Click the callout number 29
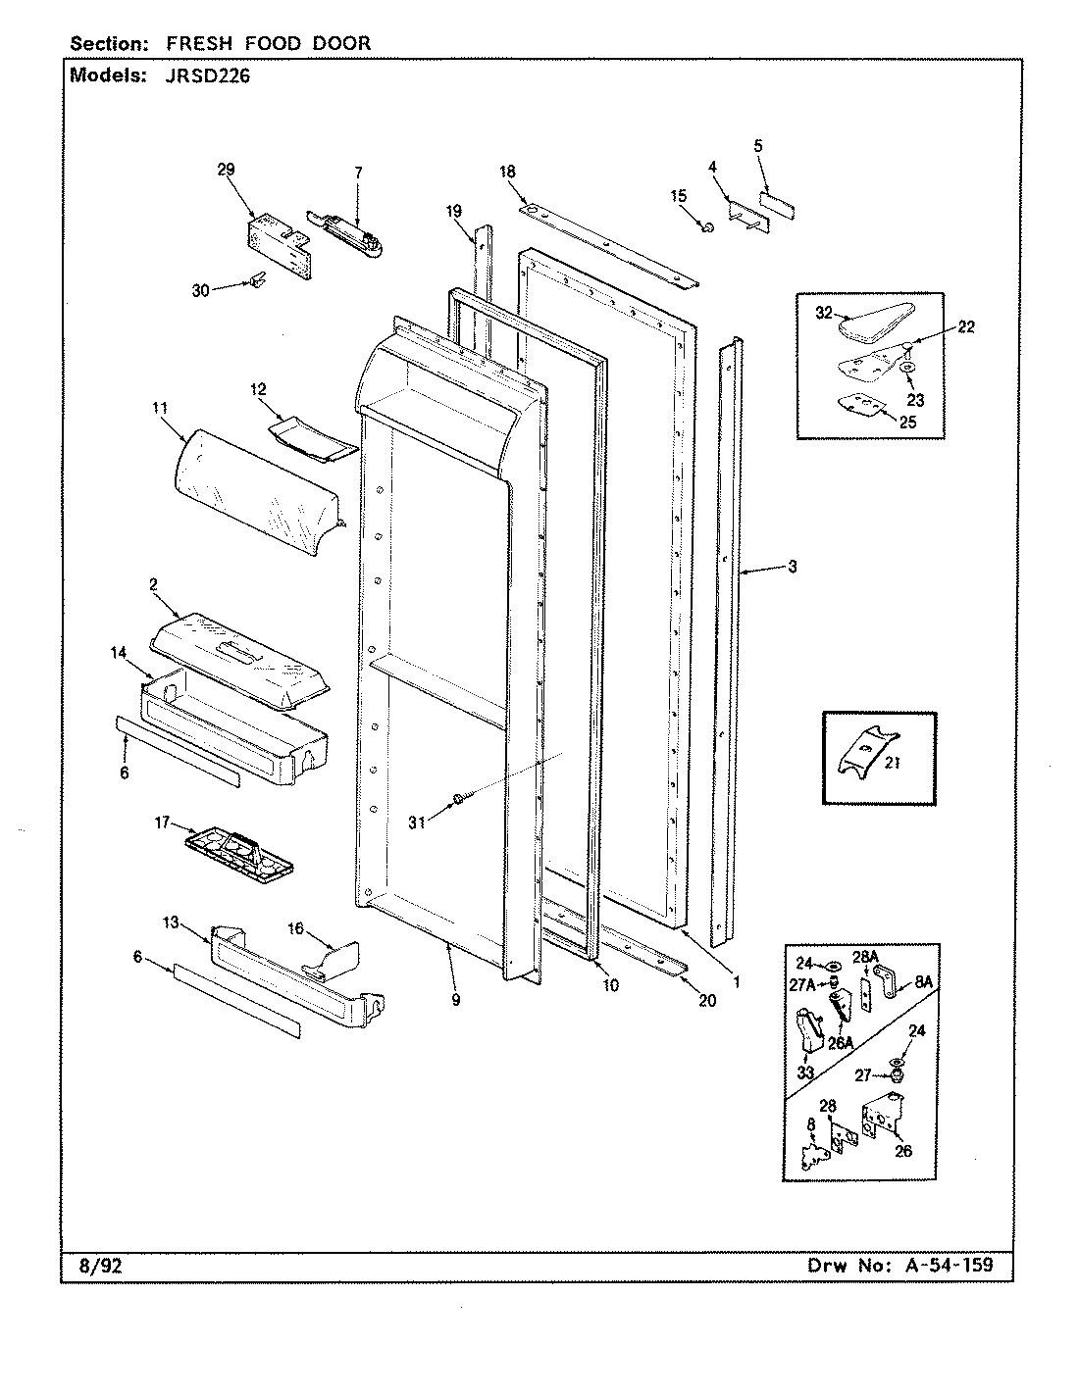pyautogui.click(x=226, y=170)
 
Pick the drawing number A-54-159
pyautogui.click(x=943, y=1265)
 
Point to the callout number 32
pyautogui.click(x=823, y=314)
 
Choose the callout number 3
pyautogui.click(x=792, y=567)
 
